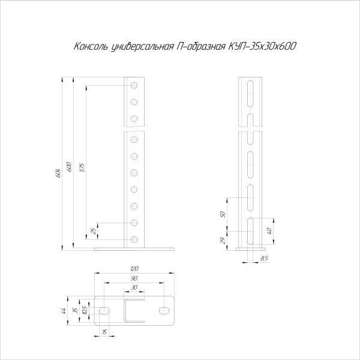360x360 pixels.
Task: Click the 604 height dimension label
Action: (59, 173)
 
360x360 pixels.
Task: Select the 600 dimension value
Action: (70, 167)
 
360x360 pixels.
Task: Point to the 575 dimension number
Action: (82, 167)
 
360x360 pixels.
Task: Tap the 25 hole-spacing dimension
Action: (94, 231)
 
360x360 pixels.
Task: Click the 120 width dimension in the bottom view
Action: (134, 269)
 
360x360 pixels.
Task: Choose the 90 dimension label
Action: (134, 278)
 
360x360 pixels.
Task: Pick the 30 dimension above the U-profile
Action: (134, 287)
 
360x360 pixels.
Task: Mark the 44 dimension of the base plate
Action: (64, 311)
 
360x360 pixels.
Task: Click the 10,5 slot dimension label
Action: (85, 310)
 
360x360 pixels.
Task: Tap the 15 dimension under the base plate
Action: (104, 332)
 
